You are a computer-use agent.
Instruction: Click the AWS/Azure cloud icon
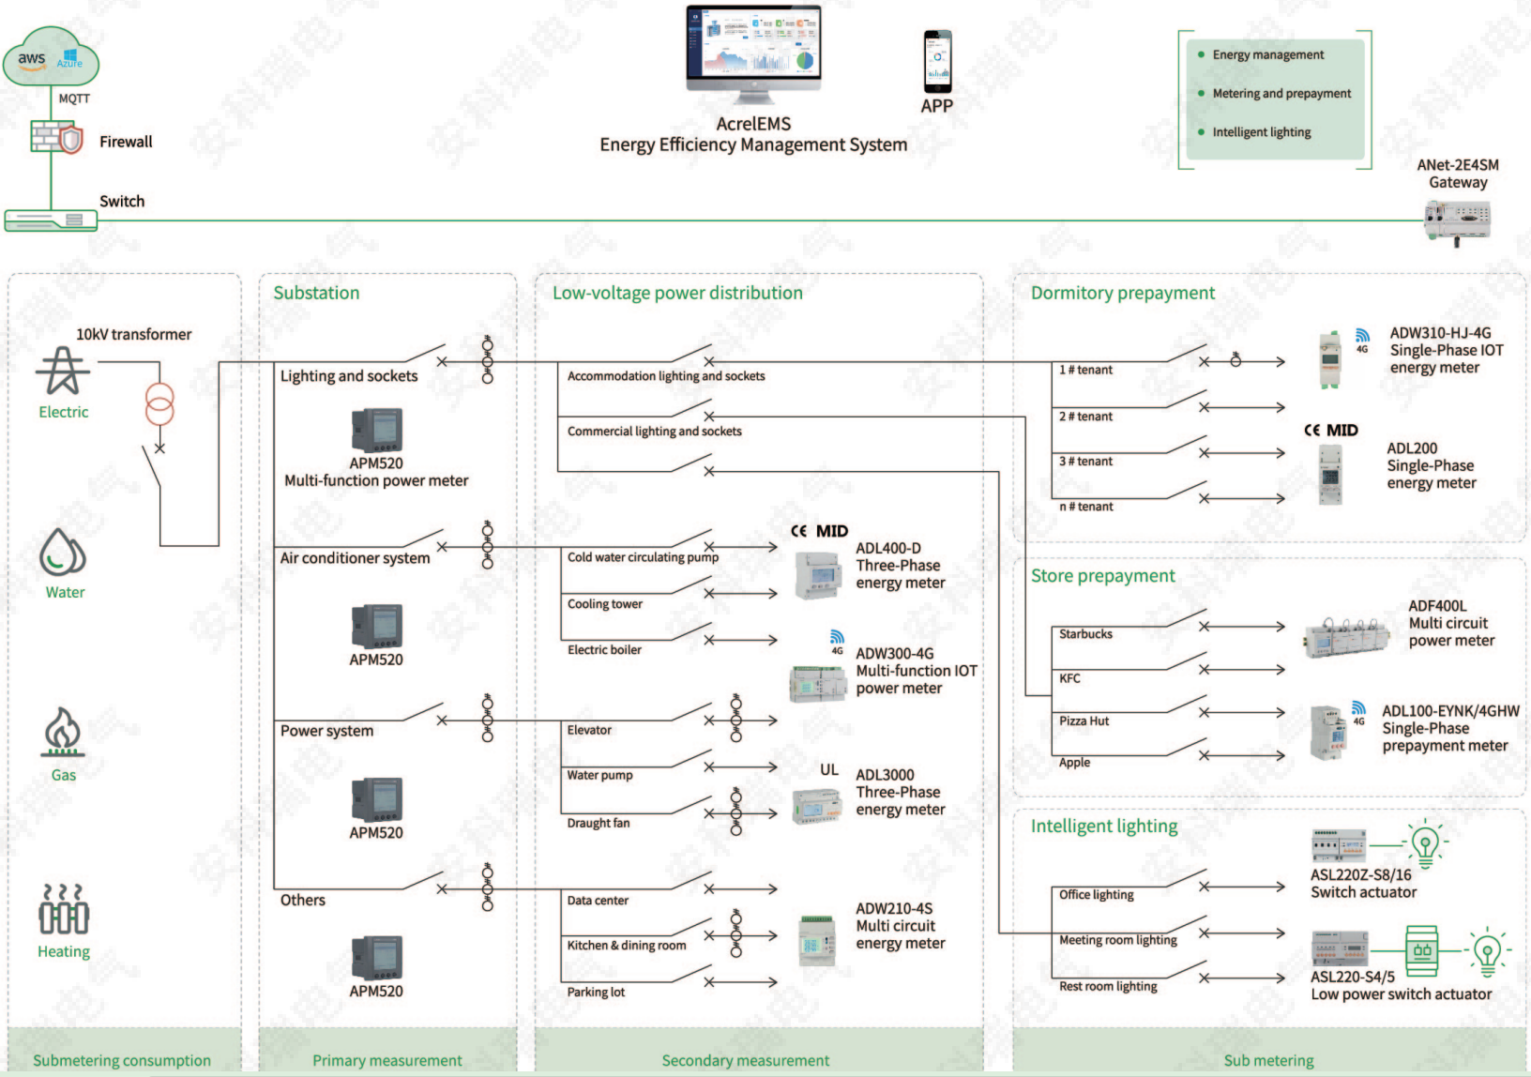(51, 56)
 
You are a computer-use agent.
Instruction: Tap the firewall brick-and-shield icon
(56, 137)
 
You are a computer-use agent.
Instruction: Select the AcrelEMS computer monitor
(753, 54)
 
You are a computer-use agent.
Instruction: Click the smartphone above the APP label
(937, 62)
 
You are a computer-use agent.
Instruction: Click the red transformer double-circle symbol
(159, 403)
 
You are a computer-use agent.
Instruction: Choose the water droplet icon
(62, 553)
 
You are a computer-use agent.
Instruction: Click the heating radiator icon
(64, 910)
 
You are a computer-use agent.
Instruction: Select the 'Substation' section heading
(316, 293)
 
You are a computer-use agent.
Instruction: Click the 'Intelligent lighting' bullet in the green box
(1261, 132)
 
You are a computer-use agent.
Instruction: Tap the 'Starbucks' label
(1085, 634)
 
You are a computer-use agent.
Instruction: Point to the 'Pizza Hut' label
(1084, 721)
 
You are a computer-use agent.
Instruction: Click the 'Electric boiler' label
(604, 650)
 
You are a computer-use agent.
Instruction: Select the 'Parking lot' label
(596, 993)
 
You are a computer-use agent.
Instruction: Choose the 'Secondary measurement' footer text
(745, 1061)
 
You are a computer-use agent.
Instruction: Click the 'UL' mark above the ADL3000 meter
(829, 770)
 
